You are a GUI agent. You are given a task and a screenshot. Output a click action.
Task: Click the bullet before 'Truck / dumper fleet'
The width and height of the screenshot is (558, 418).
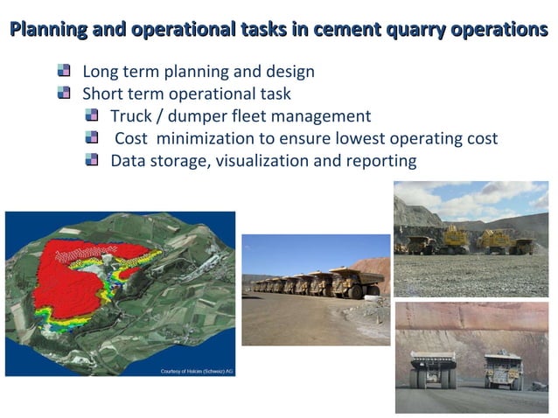coord(93,115)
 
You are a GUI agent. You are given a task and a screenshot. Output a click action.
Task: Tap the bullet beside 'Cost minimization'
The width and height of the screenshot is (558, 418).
coord(93,138)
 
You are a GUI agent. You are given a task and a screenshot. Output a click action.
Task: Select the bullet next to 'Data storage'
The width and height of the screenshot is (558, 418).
coord(93,160)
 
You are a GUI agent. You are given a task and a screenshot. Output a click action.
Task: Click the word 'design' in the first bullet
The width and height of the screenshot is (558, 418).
coord(290,71)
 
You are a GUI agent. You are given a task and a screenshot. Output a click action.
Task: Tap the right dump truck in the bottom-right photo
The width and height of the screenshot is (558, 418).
coord(504,370)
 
